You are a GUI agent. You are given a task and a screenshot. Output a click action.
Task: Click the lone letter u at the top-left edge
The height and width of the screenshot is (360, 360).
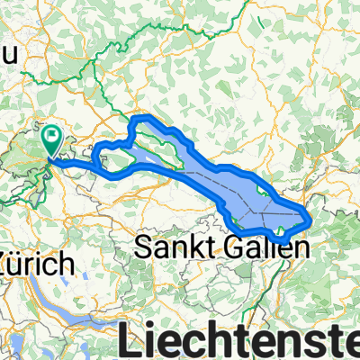pos(10,55)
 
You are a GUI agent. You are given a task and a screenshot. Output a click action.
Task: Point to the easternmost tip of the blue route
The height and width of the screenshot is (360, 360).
pos(311,219)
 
